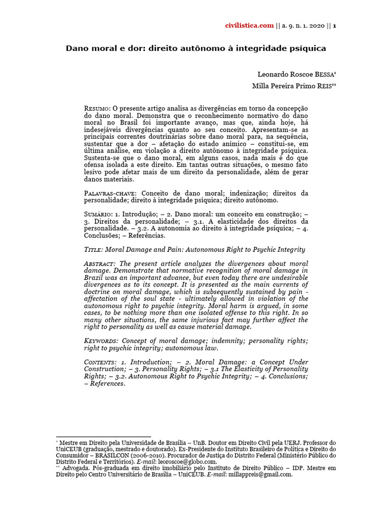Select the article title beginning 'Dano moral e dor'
tap(195, 48)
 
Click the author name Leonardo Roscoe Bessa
tap(297, 74)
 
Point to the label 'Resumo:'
tap(97, 109)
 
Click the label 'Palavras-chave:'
tap(110, 194)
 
